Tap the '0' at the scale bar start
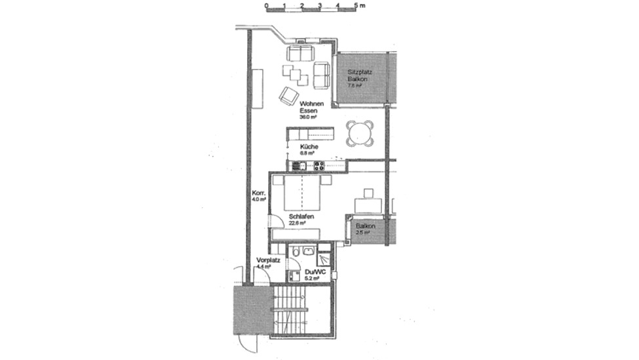point(266,5)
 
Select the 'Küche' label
point(309,146)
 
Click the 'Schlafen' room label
point(300,217)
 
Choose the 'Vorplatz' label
point(269,260)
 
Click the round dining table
point(360,133)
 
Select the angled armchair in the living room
point(288,96)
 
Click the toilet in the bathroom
point(296,252)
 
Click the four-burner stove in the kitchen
point(319,165)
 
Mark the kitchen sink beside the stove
point(298,165)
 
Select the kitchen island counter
point(311,134)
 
